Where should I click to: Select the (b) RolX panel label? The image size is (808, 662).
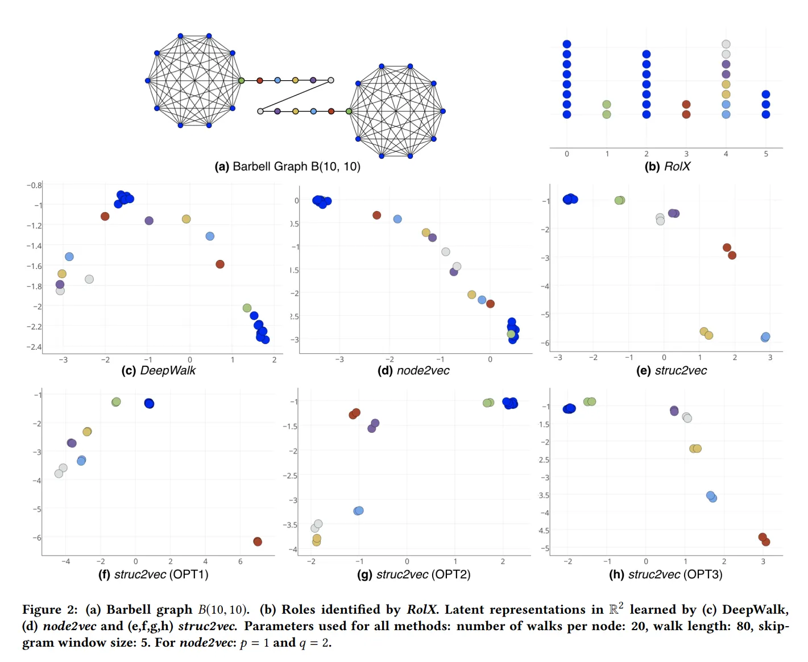tap(667, 167)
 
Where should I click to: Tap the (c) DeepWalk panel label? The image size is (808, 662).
tap(158, 371)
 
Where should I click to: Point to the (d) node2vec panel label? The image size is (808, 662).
tap(413, 371)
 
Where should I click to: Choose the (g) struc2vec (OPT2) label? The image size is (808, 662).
tap(413, 574)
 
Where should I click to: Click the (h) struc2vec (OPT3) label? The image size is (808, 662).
tap(665, 574)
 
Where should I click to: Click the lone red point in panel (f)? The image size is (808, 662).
tap(258, 541)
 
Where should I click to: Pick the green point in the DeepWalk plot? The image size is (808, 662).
tap(247, 308)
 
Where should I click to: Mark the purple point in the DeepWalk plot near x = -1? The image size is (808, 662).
tap(149, 221)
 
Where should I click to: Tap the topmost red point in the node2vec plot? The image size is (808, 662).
tap(376, 215)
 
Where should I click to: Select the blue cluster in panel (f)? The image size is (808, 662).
tap(149, 403)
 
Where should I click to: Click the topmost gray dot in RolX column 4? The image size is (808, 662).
tap(726, 44)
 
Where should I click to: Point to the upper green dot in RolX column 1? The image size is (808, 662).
tap(607, 105)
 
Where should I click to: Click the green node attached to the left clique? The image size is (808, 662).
tap(242, 81)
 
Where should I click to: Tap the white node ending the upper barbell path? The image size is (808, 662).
tap(331, 80)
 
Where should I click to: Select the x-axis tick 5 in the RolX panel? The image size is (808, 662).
tap(766, 154)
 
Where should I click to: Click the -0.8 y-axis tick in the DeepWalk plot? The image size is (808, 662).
tap(34, 185)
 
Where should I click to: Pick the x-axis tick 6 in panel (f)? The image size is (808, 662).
tap(241, 562)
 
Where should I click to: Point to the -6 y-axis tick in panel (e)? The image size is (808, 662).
tap(545, 343)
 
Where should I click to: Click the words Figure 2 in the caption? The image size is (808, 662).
tap(49, 610)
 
